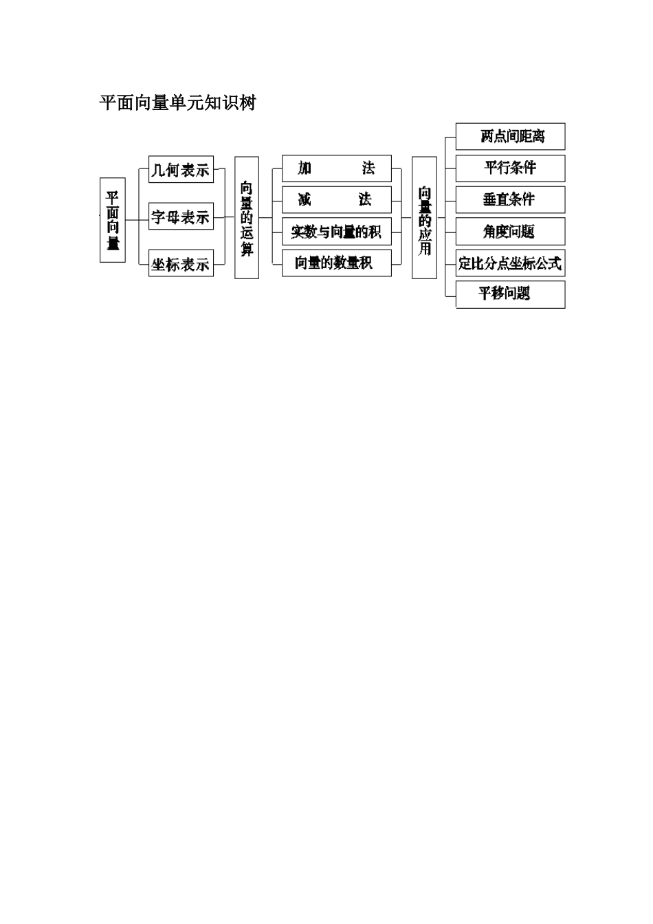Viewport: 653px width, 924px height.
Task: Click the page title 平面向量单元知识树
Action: point(177,103)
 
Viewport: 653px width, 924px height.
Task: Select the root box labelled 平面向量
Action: point(113,219)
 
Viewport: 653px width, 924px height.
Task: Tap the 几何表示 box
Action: point(181,170)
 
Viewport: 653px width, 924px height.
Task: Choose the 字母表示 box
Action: point(181,217)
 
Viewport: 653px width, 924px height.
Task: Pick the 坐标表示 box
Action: point(181,263)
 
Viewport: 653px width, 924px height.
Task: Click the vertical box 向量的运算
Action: point(247,217)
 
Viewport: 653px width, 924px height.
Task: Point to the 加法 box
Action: point(336,168)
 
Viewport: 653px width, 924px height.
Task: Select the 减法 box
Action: point(336,199)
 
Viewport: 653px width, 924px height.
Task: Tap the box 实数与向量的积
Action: point(336,232)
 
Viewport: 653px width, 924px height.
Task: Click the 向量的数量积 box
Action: point(336,263)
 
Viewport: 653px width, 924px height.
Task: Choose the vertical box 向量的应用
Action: point(424,217)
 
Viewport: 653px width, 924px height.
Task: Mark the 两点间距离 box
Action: point(510,136)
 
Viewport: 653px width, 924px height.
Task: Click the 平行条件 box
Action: point(510,168)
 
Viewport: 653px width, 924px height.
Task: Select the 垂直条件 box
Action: point(510,199)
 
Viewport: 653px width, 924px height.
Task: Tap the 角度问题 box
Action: point(510,232)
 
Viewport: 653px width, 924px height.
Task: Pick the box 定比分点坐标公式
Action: point(510,263)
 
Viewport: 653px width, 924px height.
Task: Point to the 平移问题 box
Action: point(510,294)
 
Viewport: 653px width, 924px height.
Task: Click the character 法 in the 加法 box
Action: point(368,168)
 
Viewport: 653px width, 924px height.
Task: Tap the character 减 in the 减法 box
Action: point(305,199)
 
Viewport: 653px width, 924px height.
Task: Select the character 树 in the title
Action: point(247,103)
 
